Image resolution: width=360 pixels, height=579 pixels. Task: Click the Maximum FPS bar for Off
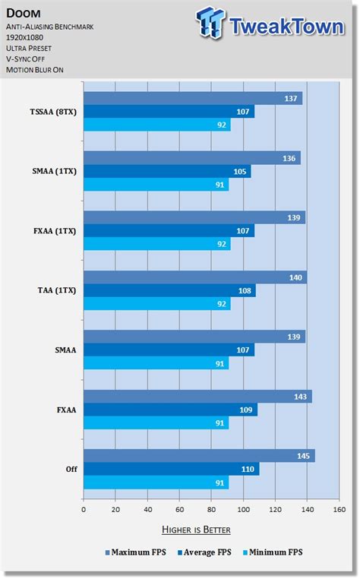tap(198, 456)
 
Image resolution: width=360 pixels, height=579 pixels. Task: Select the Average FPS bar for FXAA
tap(170, 410)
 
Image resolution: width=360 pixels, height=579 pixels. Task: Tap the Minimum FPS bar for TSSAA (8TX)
tap(156, 125)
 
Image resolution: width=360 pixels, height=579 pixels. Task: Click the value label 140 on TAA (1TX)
tap(296, 277)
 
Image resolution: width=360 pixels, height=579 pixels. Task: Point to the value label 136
tap(290, 159)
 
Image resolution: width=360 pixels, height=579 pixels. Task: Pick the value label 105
tap(241, 172)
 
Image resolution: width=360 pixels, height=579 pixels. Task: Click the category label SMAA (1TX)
tap(52, 172)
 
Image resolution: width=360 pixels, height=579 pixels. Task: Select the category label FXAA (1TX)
tap(52, 231)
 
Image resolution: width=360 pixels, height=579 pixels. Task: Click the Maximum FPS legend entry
tap(136, 553)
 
